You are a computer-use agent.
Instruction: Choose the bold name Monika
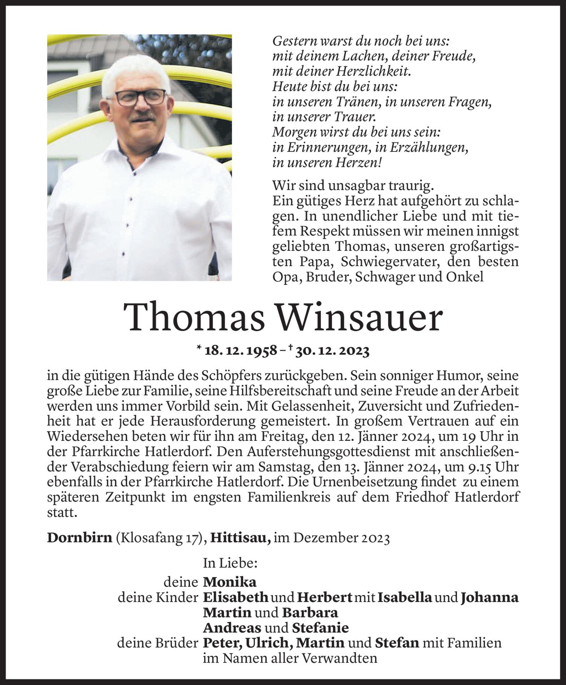(230, 582)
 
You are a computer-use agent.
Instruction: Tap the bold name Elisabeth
(236, 598)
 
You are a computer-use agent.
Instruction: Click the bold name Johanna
(490, 598)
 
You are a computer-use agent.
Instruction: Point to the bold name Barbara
(310, 613)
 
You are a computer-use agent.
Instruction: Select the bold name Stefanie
(320, 628)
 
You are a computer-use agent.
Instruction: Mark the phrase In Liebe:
(230, 563)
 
